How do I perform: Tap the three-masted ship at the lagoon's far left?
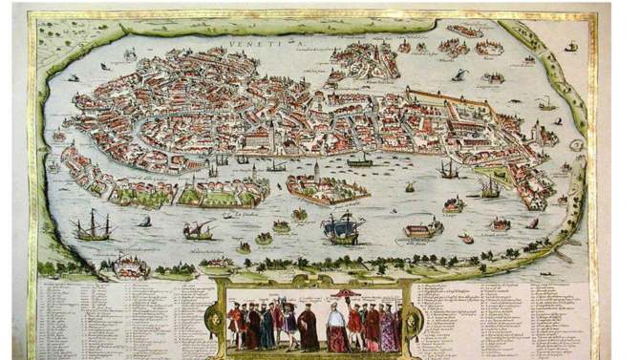(94, 227)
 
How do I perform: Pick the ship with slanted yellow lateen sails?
(198, 230)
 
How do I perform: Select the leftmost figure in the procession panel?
(234, 325)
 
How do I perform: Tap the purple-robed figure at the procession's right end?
(389, 328)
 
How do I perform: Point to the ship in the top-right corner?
(570, 47)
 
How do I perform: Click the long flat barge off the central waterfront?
(359, 162)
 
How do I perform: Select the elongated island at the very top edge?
(465, 30)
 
